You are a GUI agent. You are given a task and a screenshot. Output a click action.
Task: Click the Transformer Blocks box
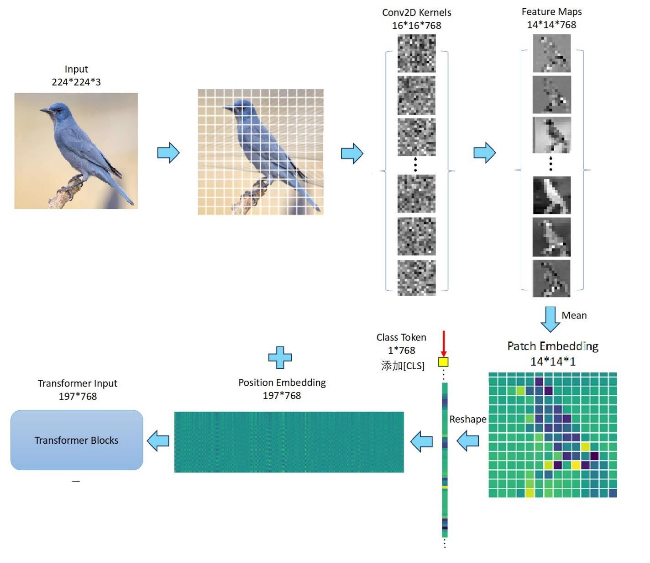[77, 440]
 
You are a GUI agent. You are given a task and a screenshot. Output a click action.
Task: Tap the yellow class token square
[443, 362]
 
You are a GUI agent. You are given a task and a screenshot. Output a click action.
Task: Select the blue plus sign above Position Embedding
[280, 357]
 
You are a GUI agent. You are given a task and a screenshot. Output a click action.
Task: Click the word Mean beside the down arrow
[574, 315]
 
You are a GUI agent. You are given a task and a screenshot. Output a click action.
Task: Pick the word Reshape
[467, 419]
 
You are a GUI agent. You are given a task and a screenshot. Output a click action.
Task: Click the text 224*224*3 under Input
[76, 82]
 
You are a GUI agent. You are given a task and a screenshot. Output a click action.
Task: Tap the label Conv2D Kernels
[416, 12]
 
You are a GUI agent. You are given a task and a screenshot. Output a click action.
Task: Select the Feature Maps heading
[551, 11]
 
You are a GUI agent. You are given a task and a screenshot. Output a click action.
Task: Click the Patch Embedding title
[553, 346]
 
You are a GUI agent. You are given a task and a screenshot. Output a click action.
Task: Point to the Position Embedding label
[282, 382]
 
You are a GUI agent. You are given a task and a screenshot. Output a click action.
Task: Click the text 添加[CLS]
[403, 366]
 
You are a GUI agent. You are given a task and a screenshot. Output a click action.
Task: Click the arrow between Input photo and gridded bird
[168, 153]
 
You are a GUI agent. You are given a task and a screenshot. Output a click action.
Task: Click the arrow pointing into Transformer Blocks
[158, 441]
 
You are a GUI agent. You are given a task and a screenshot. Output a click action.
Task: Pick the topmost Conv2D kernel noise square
[416, 54]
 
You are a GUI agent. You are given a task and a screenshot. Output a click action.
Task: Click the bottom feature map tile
[551, 278]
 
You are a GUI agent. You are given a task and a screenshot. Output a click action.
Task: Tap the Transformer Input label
[77, 383]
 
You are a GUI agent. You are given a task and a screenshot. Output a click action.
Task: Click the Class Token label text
[401, 337]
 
